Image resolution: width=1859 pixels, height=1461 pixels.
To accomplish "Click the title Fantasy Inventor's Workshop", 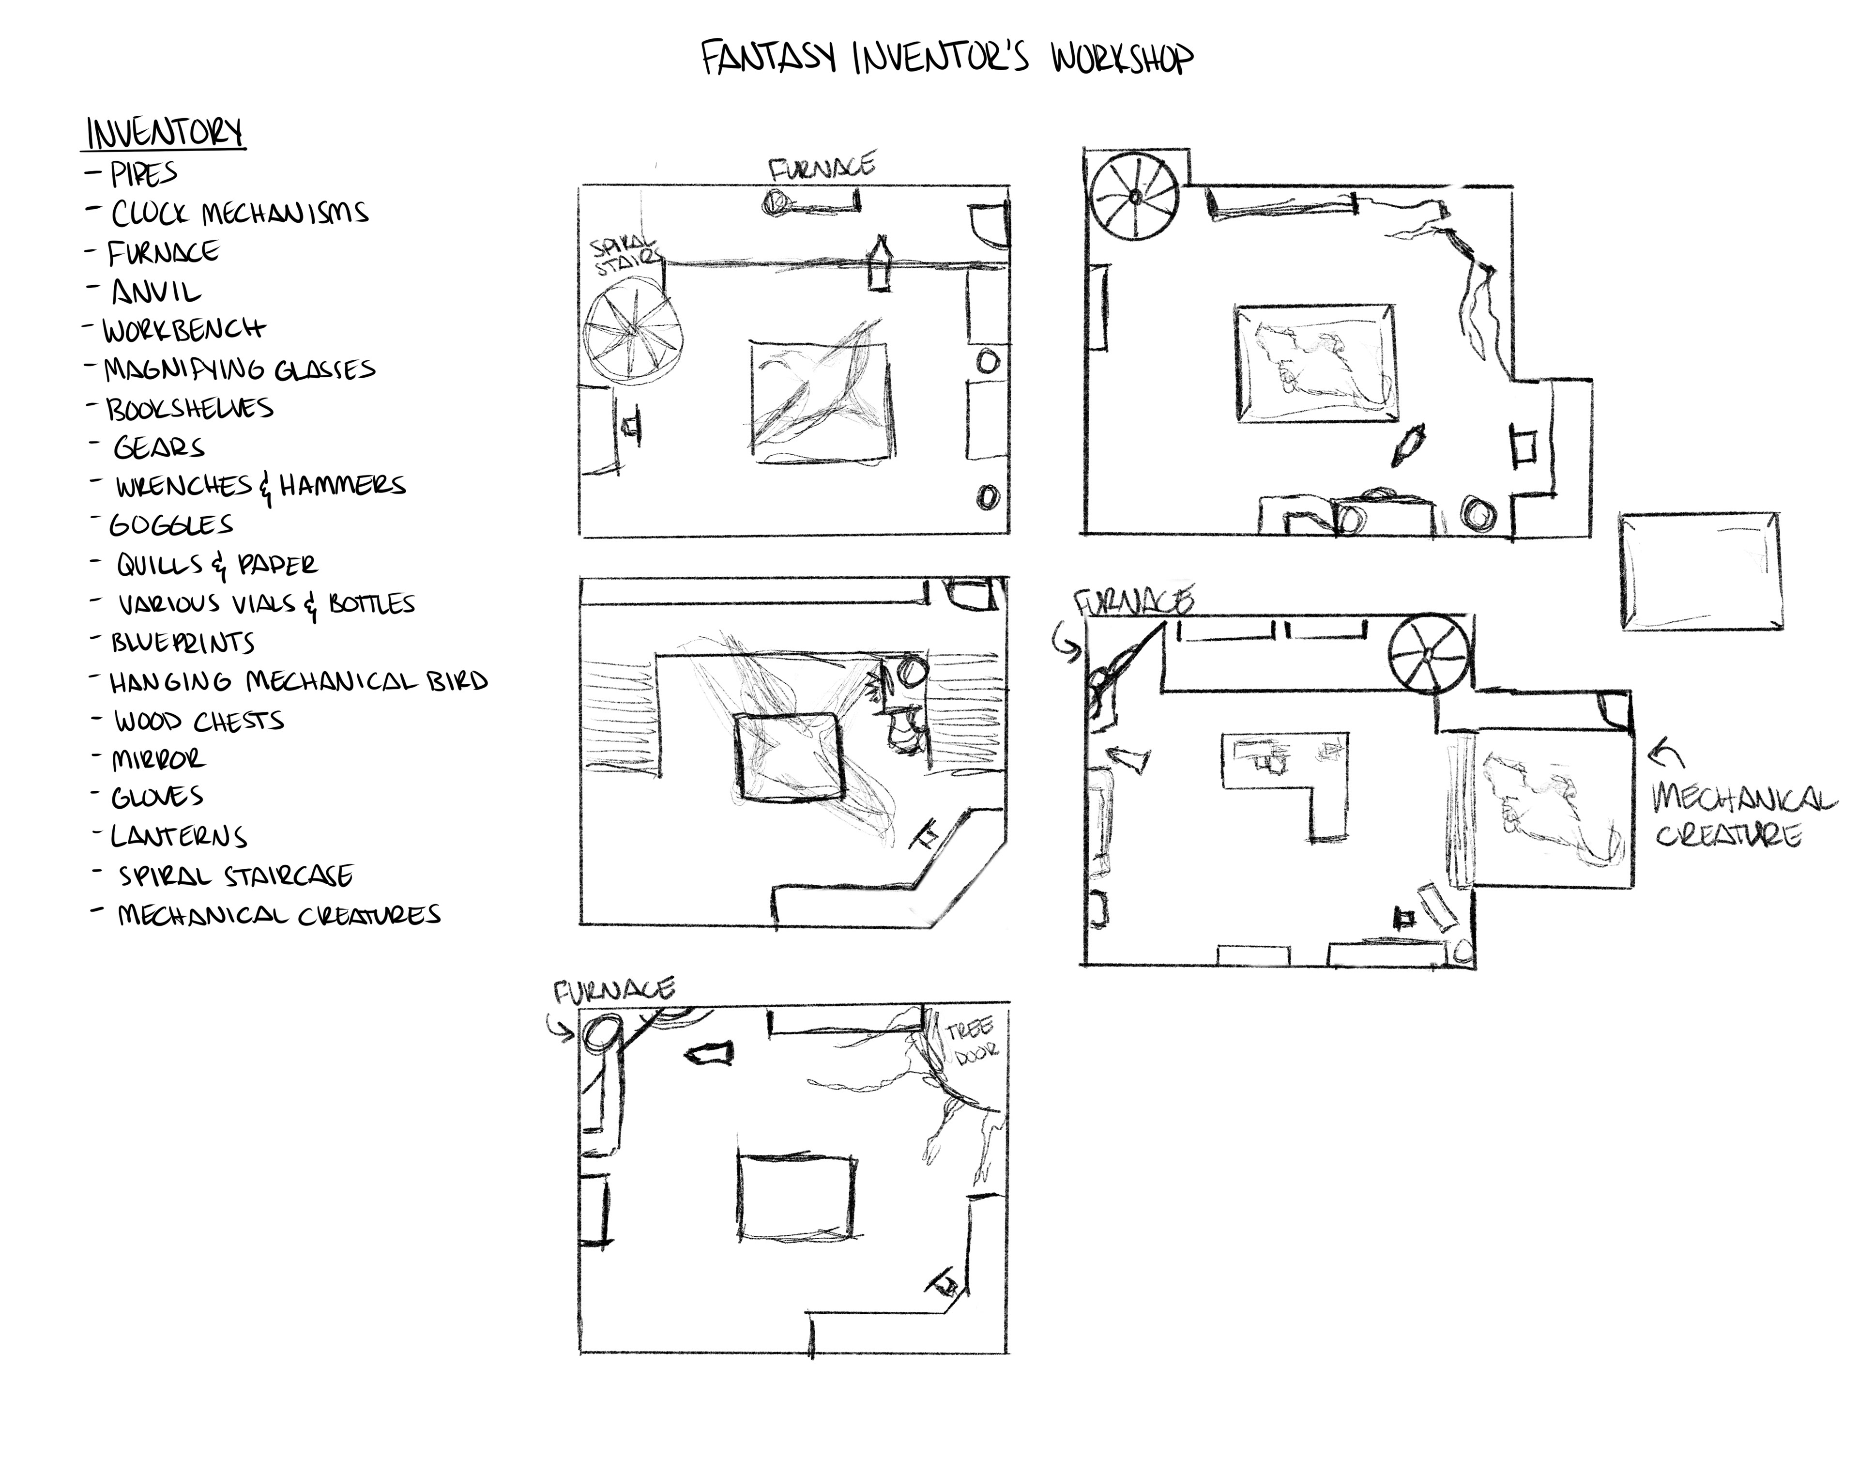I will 946,58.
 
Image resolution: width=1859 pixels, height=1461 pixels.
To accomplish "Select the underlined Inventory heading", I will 165,134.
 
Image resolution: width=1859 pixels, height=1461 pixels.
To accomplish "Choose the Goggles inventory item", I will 171,524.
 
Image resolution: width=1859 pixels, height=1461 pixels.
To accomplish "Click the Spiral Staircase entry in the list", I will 235,876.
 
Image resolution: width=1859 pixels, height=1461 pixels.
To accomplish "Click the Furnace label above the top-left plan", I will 822,166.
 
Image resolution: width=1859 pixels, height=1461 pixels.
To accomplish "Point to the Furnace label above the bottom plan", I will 614,990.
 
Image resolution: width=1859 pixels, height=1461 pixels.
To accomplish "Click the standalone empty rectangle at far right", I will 1701,572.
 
